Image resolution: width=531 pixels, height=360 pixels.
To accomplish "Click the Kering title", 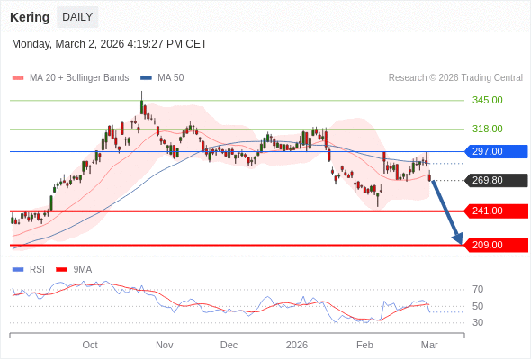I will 30,17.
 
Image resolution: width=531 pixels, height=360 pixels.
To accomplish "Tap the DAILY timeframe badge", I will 77,17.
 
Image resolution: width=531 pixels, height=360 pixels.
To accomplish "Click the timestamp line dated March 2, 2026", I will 109,43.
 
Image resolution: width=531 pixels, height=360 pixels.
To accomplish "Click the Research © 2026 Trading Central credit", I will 454,78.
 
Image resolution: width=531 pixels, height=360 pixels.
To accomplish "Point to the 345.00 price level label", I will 487,100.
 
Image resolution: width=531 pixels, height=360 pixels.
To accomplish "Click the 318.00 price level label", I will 487,129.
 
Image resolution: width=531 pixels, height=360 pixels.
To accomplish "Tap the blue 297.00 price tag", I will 495,151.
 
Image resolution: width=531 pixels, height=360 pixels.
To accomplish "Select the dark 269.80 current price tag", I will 495,180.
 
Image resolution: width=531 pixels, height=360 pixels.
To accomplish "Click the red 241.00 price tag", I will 495,211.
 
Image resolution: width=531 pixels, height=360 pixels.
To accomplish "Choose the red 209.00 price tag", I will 495,245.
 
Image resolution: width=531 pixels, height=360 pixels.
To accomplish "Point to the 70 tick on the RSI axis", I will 478,289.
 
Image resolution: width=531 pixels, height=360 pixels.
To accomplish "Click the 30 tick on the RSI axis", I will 478,322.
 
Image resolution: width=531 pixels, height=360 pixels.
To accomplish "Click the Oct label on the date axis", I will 90,345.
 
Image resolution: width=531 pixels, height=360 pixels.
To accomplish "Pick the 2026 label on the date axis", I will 297,345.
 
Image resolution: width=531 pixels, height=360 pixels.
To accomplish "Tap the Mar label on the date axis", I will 429,345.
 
